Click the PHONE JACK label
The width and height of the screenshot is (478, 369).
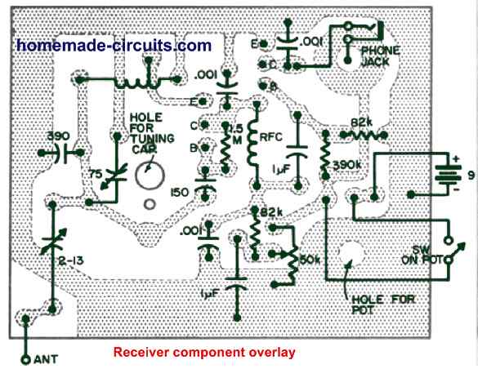pyautogui.click(x=379, y=56)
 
